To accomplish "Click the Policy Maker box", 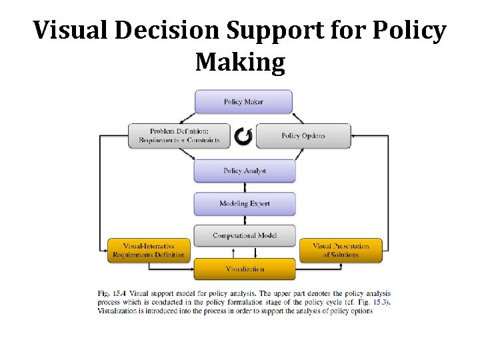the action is coord(243,102).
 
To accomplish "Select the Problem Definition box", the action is coord(179,136).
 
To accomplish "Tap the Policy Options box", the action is coord(303,136).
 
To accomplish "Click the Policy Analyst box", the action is coord(245,171).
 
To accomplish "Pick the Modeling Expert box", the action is coord(245,203).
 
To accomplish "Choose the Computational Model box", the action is coord(245,236).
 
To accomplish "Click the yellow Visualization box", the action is coord(245,269).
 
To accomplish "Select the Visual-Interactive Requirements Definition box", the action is coord(149,250).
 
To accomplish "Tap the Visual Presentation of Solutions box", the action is coord(341,250).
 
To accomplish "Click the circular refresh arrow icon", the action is coord(243,136).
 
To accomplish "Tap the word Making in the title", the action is coord(240,62).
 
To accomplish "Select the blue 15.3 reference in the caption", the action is coord(379,302).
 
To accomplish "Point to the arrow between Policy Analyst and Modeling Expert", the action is coord(245,187).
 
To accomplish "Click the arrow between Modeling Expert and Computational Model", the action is coord(245,220).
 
